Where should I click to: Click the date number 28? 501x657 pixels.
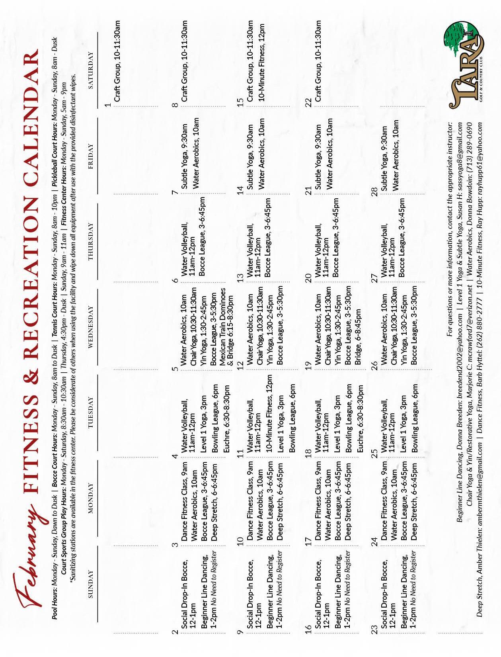tap(374, 193)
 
